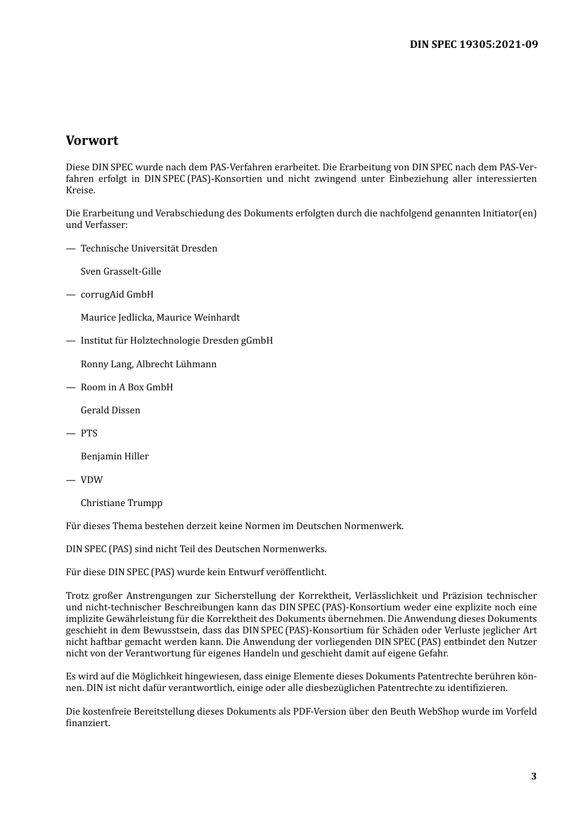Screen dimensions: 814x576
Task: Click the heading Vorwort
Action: tap(92, 141)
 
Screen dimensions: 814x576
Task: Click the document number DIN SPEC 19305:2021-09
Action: tap(474, 44)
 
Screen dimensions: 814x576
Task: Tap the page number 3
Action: tap(534, 776)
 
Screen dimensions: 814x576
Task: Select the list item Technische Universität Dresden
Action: tap(149, 249)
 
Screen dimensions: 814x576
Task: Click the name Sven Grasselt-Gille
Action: tap(121, 272)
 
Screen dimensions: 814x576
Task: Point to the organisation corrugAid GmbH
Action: tap(117, 295)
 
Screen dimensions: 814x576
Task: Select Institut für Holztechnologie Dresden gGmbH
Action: tap(176, 341)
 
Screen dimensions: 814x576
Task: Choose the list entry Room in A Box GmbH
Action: tap(127, 387)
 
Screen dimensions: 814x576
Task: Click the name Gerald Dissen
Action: tap(110, 410)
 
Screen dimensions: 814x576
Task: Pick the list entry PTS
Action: tap(89, 433)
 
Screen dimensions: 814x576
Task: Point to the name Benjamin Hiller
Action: tap(115, 456)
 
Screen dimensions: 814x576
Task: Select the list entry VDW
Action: tap(92, 480)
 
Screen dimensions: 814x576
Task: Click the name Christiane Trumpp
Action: tap(121, 503)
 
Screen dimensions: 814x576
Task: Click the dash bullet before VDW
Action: tap(70, 480)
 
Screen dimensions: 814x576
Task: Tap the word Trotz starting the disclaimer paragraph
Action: tap(77, 596)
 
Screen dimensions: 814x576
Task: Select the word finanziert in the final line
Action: tap(87, 723)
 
